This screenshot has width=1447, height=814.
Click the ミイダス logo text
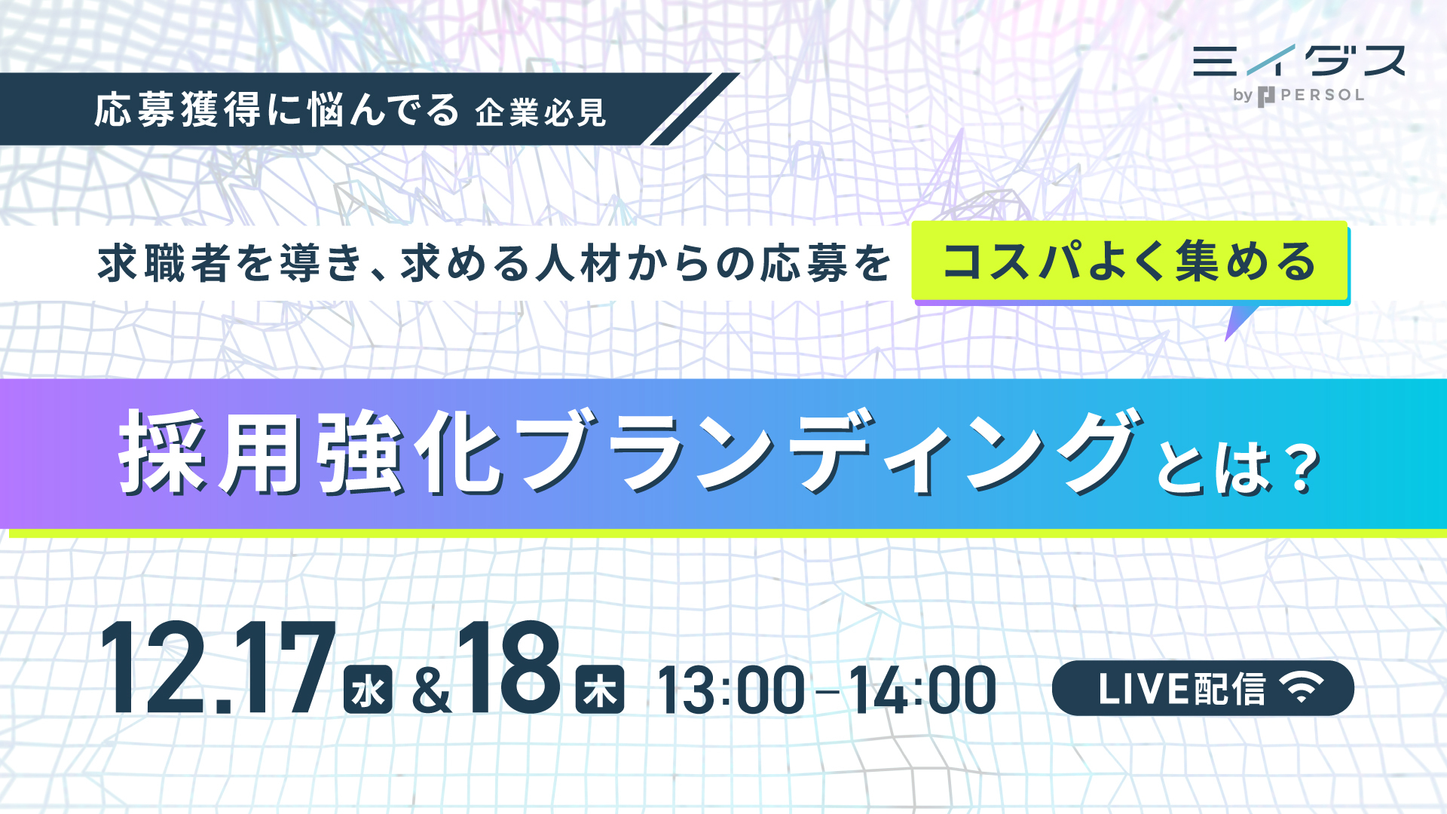click(x=1299, y=60)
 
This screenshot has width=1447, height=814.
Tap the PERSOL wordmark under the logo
click(x=1323, y=96)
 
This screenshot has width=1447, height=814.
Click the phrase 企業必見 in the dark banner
click(x=540, y=113)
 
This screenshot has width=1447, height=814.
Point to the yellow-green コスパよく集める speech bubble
click(x=1130, y=263)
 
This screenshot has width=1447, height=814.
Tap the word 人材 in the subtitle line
click(x=578, y=264)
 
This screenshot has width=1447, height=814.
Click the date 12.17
click(x=218, y=669)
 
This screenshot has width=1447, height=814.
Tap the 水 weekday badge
click(x=368, y=690)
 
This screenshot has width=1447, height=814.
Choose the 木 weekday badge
click(x=600, y=690)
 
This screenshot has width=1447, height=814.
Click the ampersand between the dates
click(x=432, y=691)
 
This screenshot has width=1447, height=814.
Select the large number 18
click(x=509, y=669)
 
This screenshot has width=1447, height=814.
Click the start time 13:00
click(x=731, y=690)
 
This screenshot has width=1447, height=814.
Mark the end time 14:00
click(x=922, y=690)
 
